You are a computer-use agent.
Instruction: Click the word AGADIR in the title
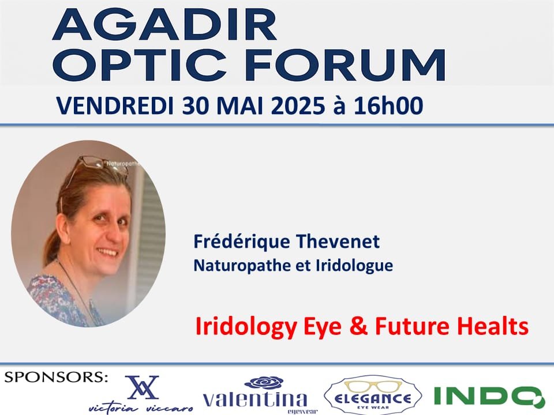[x=164, y=25]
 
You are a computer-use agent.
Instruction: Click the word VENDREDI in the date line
[x=115, y=105]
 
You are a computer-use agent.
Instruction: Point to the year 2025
[x=298, y=105]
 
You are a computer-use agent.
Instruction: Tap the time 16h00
[x=388, y=105]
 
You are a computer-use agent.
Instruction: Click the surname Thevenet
[x=338, y=242]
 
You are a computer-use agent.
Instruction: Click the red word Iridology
[x=246, y=327]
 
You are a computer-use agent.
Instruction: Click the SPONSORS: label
[x=56, y=377]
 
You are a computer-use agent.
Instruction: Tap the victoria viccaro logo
[x=141, y=394]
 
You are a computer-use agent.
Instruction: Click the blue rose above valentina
[x=264, y=383]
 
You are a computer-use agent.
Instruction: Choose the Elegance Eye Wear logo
[x=373, y=395]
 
